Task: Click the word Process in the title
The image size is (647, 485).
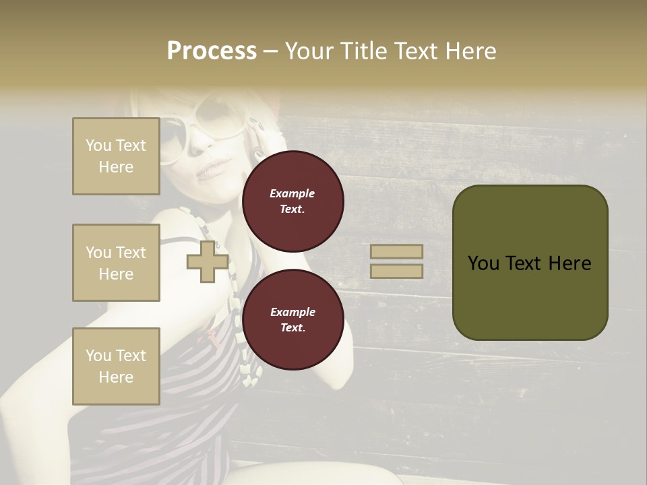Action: point(212,51)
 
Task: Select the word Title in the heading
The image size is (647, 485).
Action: point(365,51)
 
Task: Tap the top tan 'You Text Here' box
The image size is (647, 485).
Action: point(116,156)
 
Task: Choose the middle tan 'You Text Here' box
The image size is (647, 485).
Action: point(116,263)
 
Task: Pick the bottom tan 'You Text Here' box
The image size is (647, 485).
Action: point(116,366)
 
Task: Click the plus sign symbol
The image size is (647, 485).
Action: point(207,262)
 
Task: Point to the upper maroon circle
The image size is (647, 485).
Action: point(292,201)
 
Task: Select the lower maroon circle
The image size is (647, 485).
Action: point(292,320)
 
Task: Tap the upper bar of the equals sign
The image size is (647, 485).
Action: point(396,251)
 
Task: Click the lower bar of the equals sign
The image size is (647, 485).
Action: point(396,271)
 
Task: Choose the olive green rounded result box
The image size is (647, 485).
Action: point(530,263)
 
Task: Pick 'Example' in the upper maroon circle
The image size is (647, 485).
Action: point(292,193)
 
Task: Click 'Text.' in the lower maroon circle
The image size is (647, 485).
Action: point(292,328)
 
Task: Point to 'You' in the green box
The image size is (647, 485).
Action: point(483,263)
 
